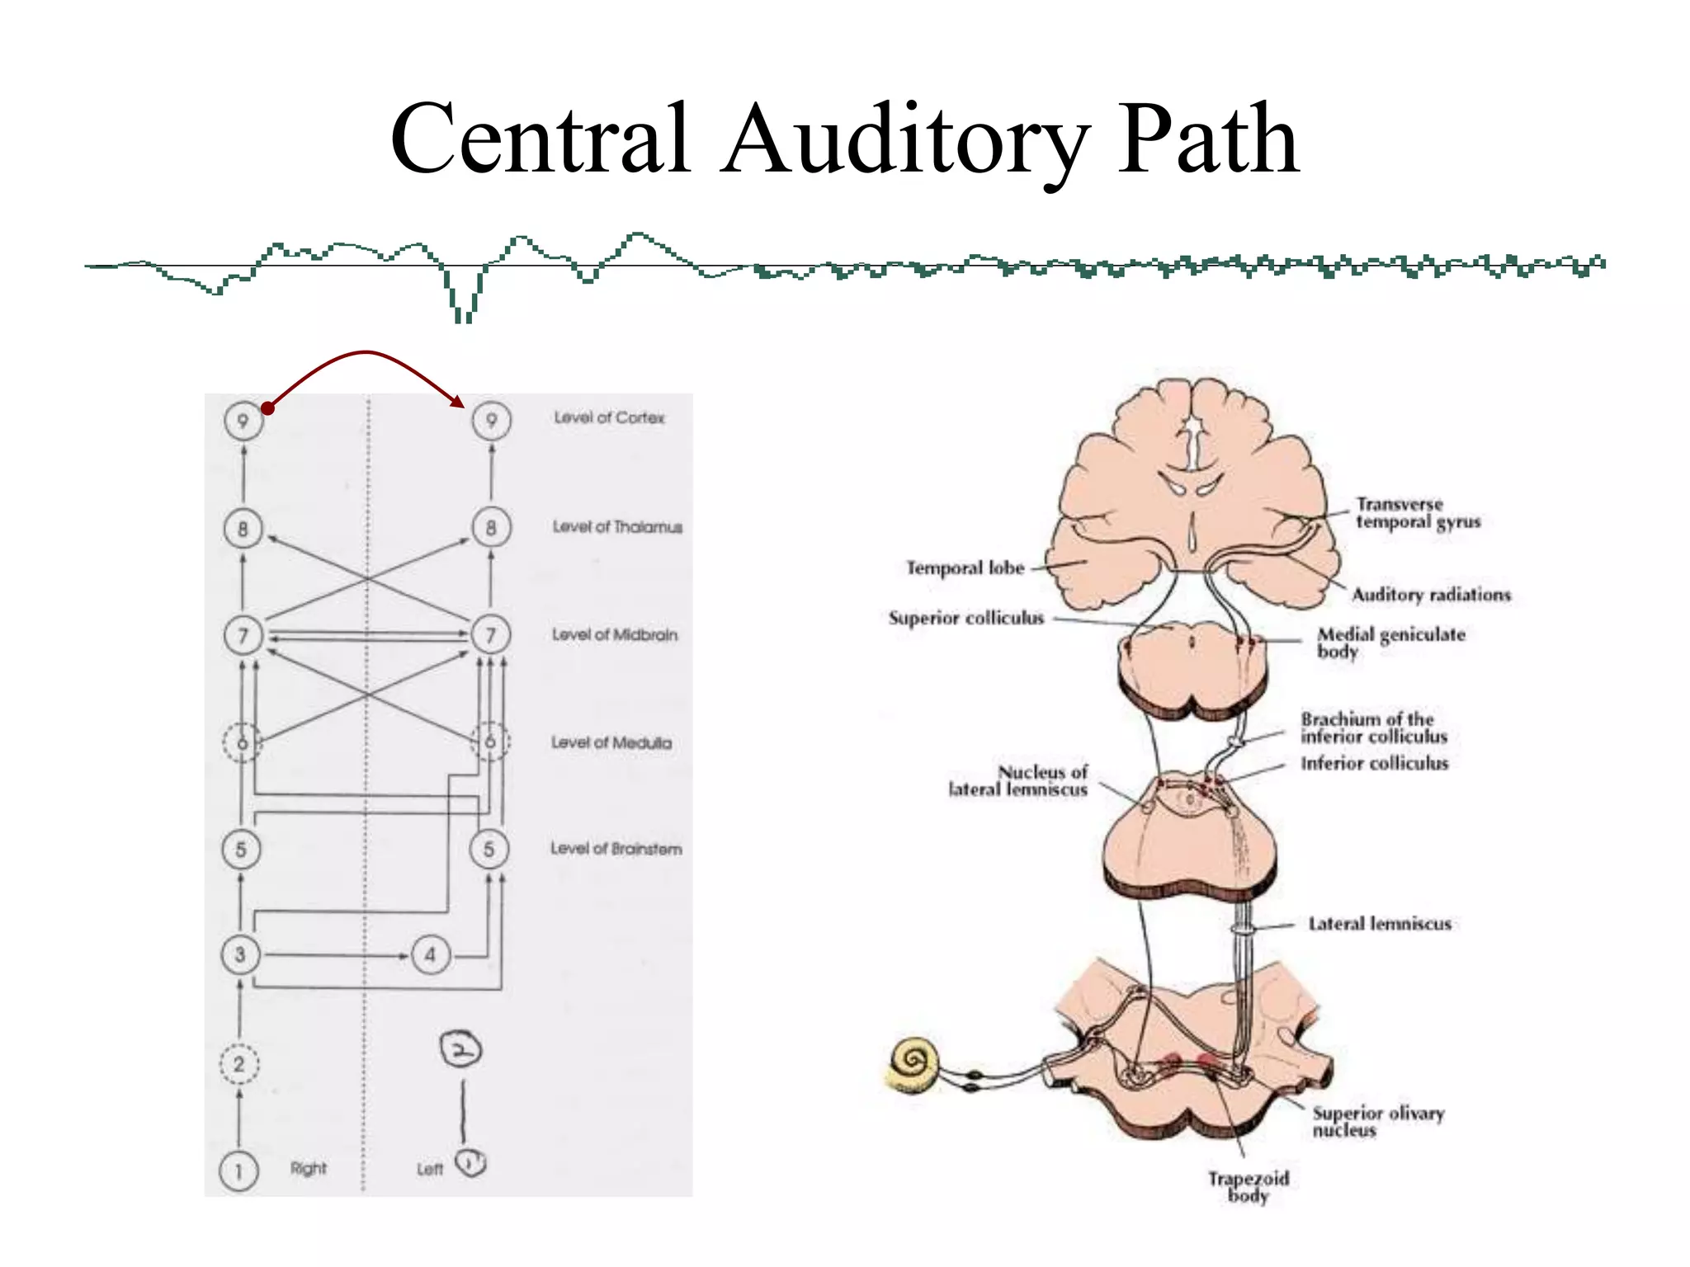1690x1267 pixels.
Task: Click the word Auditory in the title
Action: pyautogui.click(x=904, y=140)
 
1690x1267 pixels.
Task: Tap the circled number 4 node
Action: pyautogui.click(x=430, y=955)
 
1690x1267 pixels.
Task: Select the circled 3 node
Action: pyautogui.click(x=240, y=955)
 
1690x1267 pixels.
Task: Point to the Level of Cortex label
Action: pyautogui.click(x=609, y=417)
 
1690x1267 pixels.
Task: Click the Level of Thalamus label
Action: pyautogui.click(x=617, y=526)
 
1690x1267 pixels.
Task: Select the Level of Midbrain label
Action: pyautogui.click(x=615, y=634)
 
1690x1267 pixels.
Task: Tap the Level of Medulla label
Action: pyautogui.click(x=611, y=742)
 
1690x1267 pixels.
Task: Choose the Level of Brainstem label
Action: pyautogui.click(x=616, y=849)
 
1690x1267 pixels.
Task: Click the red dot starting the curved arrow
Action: pyautogui.click(x=267, y=408)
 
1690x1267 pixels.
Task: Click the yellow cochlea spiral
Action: pyautogui.click(x=912, y=1062)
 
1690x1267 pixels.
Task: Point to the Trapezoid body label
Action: pyautogui.click(x=1248, y=1186)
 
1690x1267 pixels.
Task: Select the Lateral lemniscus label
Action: pyautogui.click(x=1380, y=924)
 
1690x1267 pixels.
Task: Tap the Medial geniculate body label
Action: pyautogui.click(x=1390, y=642)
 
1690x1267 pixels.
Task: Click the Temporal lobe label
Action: pyautogui.click(x=965, y=568)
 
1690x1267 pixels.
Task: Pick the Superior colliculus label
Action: pyautogui.click(x=965, y=618)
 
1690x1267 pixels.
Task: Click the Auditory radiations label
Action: pyautogui.click(x=1431, y=595)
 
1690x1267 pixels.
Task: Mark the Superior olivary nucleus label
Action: pyautogui.click(x=1377, y=1121)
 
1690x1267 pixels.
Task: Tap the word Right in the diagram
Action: pyautogui.click(x=308, y=1168)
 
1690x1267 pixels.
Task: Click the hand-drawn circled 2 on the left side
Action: pyautogui.click(x=460, y=1049)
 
